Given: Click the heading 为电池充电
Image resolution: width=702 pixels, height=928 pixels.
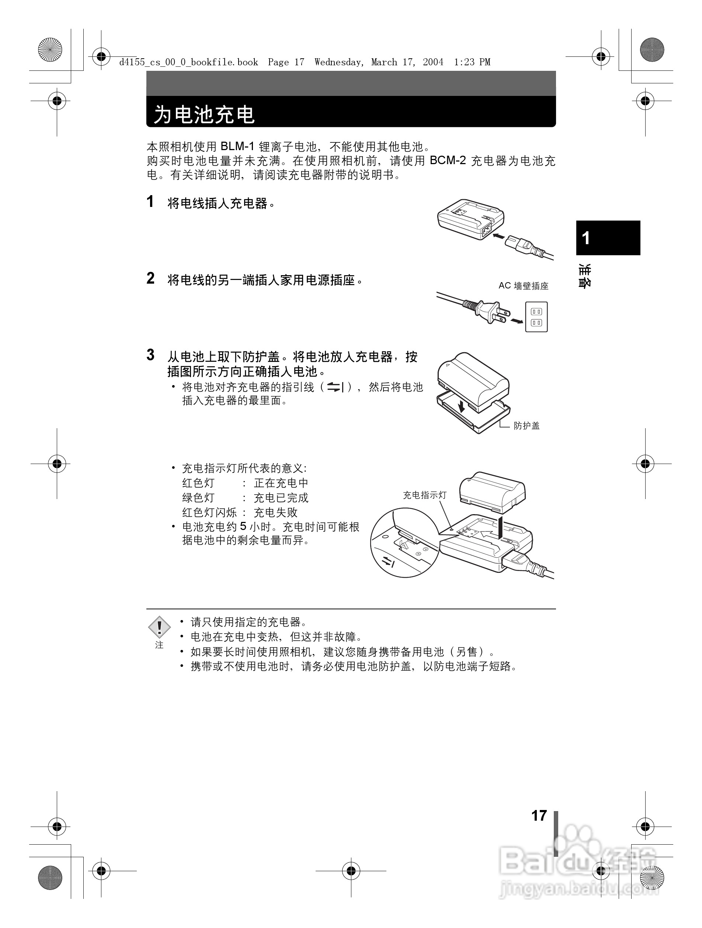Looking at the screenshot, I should point(204,114).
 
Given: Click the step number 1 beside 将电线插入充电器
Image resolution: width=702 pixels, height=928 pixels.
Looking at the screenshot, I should point(150,202).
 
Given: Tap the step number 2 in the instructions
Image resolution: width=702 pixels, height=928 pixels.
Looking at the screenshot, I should point(150,278).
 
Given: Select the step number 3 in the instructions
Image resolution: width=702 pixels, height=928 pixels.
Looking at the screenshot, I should point(150,355).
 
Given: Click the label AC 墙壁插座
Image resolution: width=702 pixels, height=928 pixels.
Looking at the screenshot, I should point(523,286).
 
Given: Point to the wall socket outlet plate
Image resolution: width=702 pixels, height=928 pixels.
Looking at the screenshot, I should point(536,317).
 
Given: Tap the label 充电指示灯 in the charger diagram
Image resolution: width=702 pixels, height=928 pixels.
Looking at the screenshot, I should point(424,495).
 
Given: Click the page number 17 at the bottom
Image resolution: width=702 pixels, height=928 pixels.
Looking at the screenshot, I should point(539,815).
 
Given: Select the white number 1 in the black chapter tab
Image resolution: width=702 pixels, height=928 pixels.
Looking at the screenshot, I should point(586,238).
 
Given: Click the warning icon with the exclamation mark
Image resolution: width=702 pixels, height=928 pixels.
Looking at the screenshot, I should point(159,627).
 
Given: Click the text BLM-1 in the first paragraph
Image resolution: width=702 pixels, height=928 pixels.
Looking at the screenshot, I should point(237,146).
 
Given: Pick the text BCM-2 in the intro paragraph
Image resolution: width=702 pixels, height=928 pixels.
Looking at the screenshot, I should point(448,161).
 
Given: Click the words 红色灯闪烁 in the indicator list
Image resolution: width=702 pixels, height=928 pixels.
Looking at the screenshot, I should point(209,512).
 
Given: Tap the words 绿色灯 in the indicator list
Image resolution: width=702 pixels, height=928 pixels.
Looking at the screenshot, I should point(198,498).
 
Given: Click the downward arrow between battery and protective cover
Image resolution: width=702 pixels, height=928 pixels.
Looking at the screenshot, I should point(462,406).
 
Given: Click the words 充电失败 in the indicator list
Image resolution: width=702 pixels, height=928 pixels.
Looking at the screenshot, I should point(275,512).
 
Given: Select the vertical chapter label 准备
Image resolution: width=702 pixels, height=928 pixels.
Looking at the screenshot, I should point(585,276).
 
